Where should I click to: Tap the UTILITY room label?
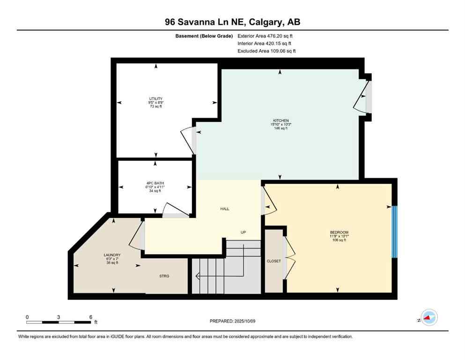155,98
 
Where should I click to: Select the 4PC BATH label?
155,183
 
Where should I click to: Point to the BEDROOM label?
339,232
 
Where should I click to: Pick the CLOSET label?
273,261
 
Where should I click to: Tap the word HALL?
225,209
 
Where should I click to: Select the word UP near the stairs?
243,232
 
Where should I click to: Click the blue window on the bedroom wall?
394,232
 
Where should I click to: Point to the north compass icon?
428,318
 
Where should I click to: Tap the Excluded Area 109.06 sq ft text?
266,51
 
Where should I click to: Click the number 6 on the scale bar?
90,317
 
